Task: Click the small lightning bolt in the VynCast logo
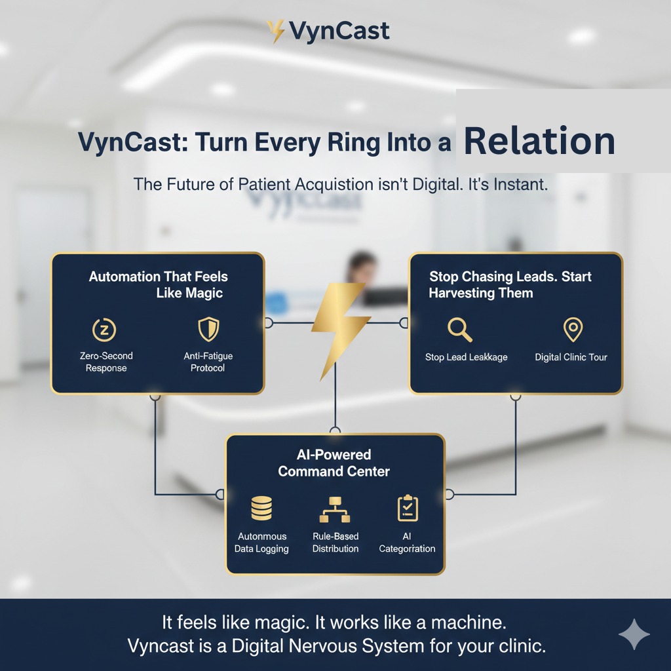tap(276, 31)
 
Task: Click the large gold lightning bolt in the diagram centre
tap(340, 330)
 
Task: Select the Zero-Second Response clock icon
tap(104, 330)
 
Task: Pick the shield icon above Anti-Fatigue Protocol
tap(208, 329)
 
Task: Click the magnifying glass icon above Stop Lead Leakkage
tap(459, 330)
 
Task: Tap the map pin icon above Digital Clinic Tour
tap(573, 329)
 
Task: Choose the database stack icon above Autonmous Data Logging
tap(261, 508)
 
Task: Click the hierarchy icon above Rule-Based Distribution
tap(335, 509)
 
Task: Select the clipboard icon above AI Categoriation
tap(408, 508)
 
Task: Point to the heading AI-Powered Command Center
tap(334, 463)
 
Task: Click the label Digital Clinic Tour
tap(571, 357)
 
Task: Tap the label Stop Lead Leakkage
tap(466, 357)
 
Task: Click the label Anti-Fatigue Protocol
tap(208, 362)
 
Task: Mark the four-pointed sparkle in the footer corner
tap(634, 634)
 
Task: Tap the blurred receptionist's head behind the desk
tap(361, 265)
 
